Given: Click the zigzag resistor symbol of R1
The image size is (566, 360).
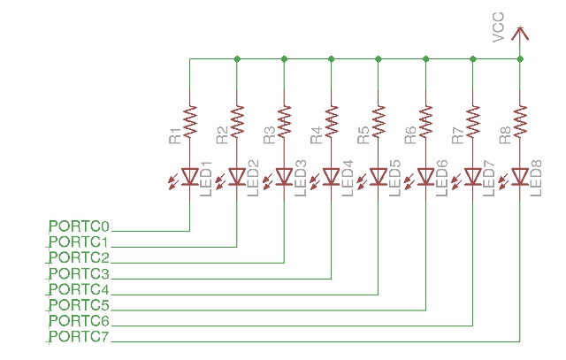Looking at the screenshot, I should point(190,118).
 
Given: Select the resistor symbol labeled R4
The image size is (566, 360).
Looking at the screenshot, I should point(332,118).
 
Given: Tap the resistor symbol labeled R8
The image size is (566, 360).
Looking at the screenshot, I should point(520,118).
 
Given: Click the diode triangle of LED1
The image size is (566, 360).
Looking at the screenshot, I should point(190,176).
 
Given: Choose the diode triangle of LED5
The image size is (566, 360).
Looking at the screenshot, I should point(379,176).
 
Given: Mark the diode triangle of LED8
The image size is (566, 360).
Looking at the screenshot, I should point(520,176).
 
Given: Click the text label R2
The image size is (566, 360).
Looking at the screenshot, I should point(222,135).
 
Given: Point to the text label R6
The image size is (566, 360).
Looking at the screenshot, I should point(410,135).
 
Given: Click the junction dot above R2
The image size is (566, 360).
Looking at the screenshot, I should point(237,59).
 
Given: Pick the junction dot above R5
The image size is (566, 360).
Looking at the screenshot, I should point(379,59).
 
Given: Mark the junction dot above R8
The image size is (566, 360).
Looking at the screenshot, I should point(520,59).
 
